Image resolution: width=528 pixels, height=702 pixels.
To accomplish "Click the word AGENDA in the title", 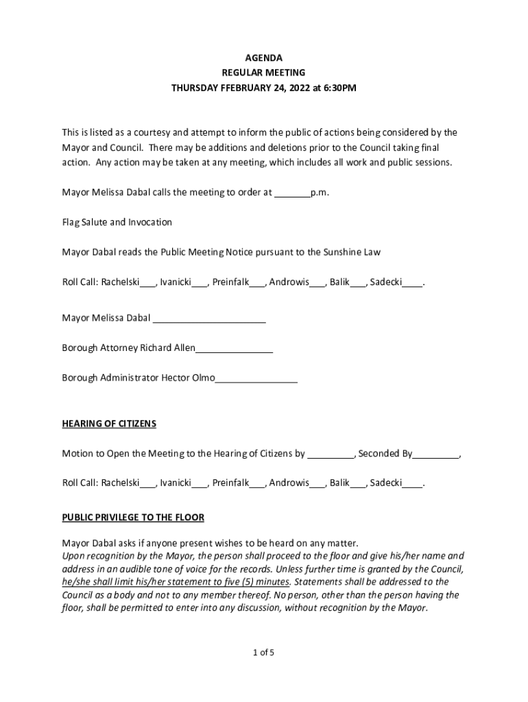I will (x=264, y=58).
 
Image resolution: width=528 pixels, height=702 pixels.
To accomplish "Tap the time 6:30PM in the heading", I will (x=340, y=88).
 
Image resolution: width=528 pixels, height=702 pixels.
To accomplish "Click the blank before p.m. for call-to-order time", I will (x=292, y=193).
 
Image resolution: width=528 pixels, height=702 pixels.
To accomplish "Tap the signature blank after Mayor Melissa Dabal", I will (x=209, y=318).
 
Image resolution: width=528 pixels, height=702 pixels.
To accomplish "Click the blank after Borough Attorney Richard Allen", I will (x=235, y=348).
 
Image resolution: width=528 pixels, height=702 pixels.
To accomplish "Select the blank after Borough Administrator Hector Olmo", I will (x=256, y=378).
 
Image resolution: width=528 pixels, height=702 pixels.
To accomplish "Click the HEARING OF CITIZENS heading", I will (x=109, y=424).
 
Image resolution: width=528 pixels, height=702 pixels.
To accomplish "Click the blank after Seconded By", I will (x=436, y=453).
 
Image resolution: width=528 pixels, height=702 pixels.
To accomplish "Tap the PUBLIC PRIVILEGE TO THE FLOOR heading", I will (x=133, y=517).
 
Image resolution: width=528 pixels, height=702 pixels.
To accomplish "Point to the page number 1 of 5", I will (x=264, y=653).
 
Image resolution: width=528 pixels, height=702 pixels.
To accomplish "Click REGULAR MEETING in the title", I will (x=264, y=73).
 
